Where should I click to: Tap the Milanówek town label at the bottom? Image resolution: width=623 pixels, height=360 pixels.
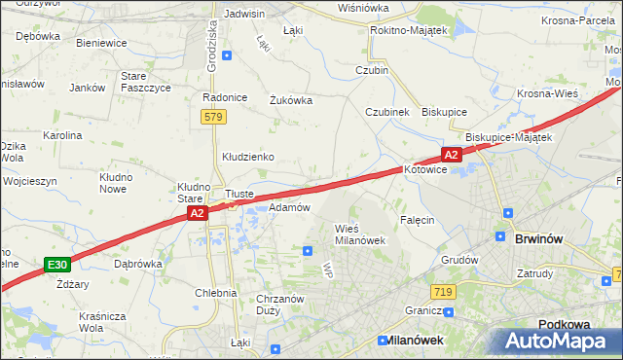[410, 341]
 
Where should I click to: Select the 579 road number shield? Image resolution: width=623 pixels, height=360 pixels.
[214, 117]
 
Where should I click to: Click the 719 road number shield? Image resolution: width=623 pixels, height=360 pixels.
[443, 292]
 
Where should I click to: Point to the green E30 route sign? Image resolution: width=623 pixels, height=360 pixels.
[57, 264]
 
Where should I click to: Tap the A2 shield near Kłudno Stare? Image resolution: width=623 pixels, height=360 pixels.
[197, 213]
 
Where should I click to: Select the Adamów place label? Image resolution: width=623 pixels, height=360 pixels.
[289, 207]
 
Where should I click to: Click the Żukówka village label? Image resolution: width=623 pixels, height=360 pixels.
[290, 98]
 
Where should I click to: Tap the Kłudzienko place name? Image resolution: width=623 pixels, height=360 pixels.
[248, 156]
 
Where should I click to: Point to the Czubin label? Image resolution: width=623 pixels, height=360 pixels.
[372, 70]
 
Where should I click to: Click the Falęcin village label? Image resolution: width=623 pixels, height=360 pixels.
[416, 220]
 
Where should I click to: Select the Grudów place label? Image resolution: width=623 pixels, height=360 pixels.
[459, 260]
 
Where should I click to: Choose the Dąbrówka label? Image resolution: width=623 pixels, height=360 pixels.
[138, 263]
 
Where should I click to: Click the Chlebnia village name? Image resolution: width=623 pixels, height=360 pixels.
[215, 292]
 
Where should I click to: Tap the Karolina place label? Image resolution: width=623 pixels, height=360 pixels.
[61, 135]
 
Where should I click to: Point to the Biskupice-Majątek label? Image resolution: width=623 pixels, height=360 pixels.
[508, 137]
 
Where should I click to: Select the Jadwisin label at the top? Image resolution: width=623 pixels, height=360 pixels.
[244, 14]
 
